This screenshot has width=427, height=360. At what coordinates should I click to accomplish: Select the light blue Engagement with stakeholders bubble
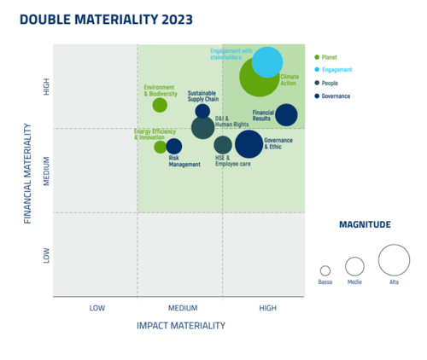click(x=267, y=62)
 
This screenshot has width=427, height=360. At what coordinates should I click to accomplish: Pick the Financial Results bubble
click(x=286, y=115)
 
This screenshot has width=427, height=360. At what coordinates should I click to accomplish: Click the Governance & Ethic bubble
click(x=249, y=144)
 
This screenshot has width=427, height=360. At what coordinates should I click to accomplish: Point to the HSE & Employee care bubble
click(x=223, y=145)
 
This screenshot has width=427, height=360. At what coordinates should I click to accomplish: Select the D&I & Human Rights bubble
click(x=202, y=128)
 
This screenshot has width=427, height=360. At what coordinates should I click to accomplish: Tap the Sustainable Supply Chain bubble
click(x=202, y=111)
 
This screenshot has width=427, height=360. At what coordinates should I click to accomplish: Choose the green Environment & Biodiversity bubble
click(x=160, y=105)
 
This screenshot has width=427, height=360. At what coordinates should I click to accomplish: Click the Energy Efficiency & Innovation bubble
click(x=160, y=147)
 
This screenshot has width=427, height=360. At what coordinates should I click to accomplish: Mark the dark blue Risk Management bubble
click(x=174, y=147)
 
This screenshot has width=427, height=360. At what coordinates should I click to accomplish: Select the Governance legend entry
click(x=336, y=96)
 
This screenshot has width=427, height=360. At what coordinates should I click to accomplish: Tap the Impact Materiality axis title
click(x=181, y=325)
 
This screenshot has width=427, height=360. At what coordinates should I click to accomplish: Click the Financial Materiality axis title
click(x=28, y=174)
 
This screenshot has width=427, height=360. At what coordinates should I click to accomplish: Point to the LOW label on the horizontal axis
click(x=95, y=307)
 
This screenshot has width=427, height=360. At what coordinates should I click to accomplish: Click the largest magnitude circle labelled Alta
click(x=394, y=260)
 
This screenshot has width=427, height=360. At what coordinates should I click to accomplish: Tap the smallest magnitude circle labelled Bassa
click(x=325, y=270)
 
